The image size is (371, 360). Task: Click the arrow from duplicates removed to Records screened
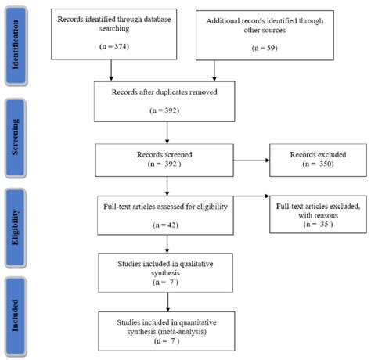pos(167,135)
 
